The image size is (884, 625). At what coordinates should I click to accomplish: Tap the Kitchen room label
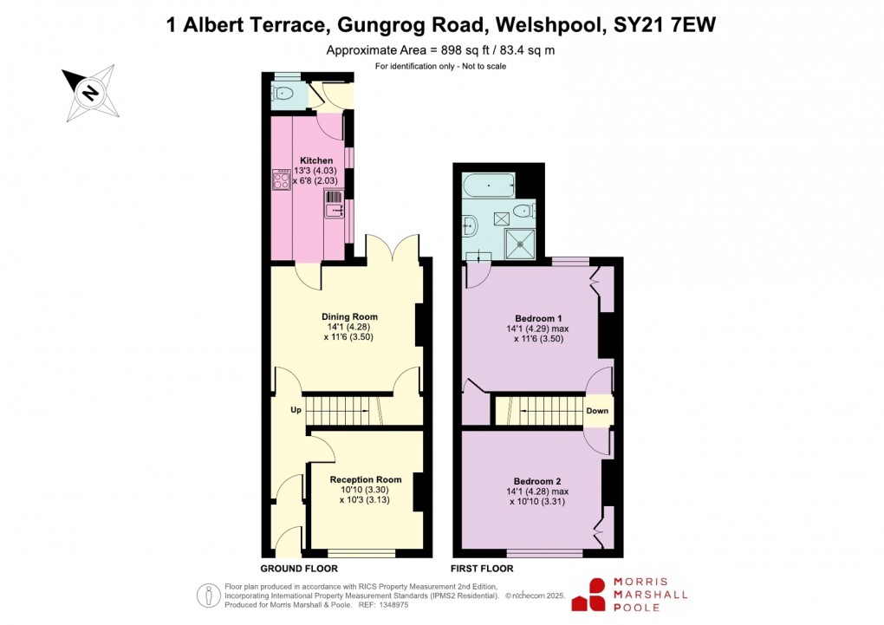tap(316, 161)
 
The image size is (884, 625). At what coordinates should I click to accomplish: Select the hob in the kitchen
tap(282, 179)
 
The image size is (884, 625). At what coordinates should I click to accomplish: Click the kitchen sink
tap(335, 204)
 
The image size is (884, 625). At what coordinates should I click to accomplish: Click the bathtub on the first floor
tap(488, 185)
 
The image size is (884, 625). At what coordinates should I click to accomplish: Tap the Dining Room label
tap(349, 316)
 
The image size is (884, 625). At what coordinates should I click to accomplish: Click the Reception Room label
tap(366, 479)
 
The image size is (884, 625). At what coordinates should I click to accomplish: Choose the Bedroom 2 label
tap(537, 482)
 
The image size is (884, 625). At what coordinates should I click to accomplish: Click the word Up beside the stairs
tap(296, 410)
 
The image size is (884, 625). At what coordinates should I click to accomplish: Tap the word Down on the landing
tap(597, 411)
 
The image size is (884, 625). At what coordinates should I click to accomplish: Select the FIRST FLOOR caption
tap(482, 569)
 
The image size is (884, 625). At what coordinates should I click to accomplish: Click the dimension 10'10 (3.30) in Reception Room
tap(365, 490)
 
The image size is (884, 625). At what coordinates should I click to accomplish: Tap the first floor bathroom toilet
tap(523, 212)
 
